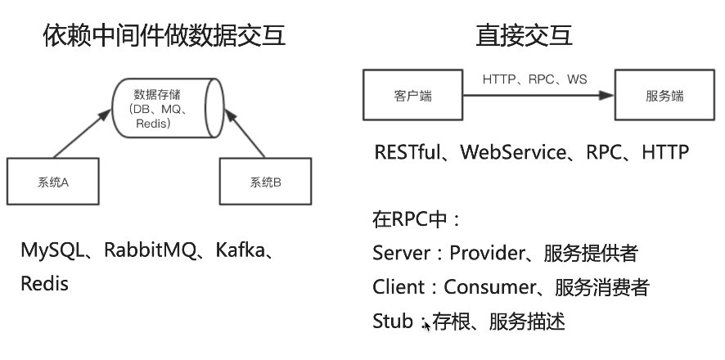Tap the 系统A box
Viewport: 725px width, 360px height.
54,182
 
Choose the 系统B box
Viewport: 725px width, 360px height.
267,182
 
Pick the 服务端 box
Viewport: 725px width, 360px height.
664,96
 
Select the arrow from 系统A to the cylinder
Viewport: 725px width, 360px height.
82,132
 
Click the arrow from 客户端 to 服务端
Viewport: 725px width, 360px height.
532,96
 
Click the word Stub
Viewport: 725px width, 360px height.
392,322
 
